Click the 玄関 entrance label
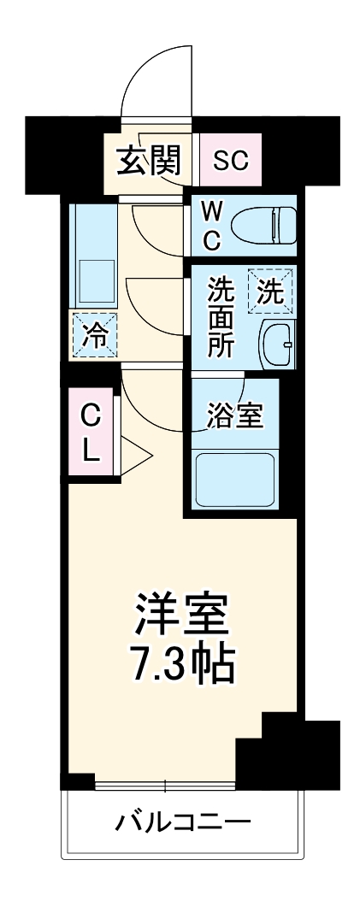point(149,159)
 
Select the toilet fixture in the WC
point(264,225)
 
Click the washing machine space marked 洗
point(269,292)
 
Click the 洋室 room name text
point(180,614)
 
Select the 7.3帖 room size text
point(180,663)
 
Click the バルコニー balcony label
point(183,824)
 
